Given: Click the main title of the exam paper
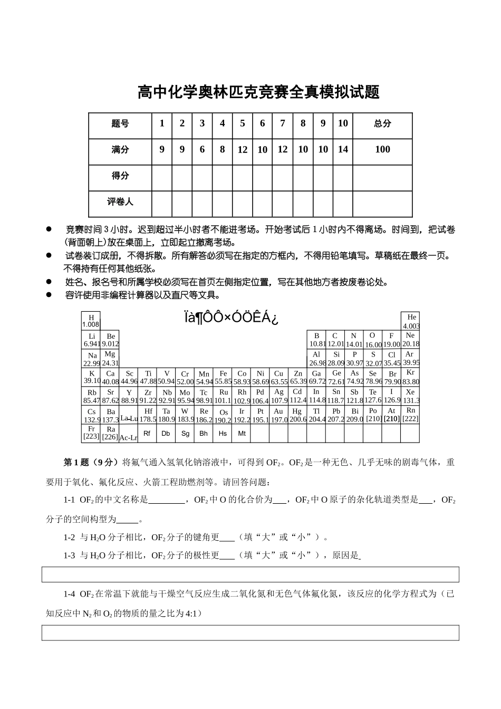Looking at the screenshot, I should coord(258,92).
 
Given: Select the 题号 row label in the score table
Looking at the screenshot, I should coord(120,124).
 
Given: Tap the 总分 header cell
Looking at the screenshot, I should coord(382,124).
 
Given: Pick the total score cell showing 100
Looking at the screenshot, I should coord(382,150).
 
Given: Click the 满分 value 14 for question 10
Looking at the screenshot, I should coord(343,150).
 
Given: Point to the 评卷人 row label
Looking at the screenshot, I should coord(120,202).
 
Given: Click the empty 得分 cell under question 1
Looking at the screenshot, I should coord(162,176).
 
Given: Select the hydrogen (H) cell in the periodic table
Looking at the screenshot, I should coord(91,321).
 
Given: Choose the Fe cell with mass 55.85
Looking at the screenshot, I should coord(223,377).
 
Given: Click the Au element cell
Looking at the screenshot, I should coord(278,415).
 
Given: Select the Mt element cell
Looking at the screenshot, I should coord(242,434).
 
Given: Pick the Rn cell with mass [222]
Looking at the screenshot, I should coord(410,415).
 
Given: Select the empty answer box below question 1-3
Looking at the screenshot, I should coord(250,574).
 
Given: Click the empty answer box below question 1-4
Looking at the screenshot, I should coord(250,633).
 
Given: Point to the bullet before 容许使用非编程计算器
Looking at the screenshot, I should coord(49,295).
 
